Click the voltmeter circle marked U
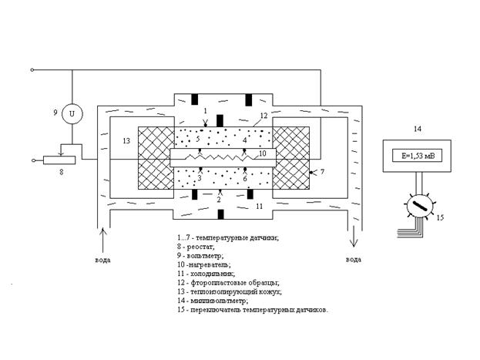click(72, 113)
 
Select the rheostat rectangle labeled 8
click(59, 160)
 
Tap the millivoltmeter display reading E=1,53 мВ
click(418, 156)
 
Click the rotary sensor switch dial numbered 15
click(419, 206)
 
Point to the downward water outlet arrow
click(354, 236)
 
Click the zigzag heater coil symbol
click(220, 157)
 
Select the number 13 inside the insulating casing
click(126, 141)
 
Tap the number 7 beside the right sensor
click(322, 172)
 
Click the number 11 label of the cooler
click(260, 206)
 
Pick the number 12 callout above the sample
click(263, 116)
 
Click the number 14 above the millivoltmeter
click(418, 129)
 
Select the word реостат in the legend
click(200, 247)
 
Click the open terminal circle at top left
click(32, 70)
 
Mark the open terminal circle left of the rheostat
click(34, 160)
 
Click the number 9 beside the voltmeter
click(55, 113)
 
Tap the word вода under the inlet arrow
click(103, 260)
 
